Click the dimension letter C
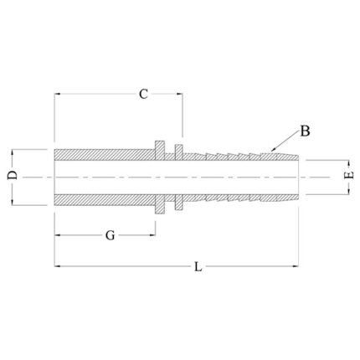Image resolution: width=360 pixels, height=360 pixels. [143, 95]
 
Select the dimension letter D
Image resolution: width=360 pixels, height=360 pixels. [13, 175]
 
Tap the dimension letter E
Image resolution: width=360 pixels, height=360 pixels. [349, 175]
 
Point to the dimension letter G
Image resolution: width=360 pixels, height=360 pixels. [110, 235]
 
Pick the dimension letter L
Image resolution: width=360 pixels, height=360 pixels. [198, 266]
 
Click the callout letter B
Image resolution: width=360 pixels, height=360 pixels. [305, 131]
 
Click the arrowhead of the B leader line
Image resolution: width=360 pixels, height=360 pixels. [273, 150]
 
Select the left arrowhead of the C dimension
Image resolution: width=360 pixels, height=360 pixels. [57, 95]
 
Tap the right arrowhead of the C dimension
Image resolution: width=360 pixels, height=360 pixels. [179, 95]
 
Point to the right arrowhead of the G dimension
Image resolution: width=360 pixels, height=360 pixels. [152, 235]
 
